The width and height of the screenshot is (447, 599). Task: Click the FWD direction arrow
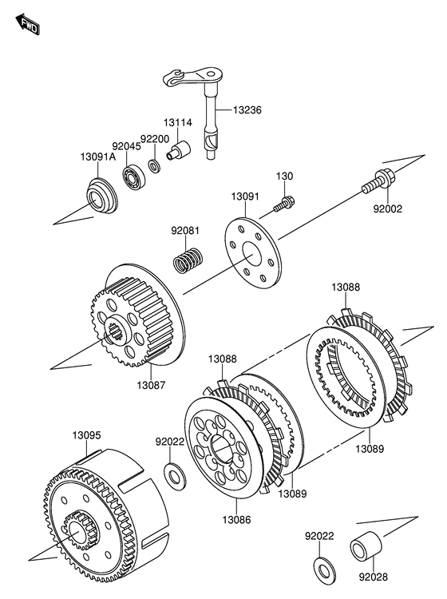point(27,25)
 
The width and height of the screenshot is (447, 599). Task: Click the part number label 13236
point(247,110)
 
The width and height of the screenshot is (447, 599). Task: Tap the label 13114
point(178,123)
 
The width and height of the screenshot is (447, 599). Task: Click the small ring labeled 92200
point(154,166)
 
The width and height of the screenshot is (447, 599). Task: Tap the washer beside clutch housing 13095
point(176,476)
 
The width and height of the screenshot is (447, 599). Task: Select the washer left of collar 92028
point(324,571)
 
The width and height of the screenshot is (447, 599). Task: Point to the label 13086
point(236,520)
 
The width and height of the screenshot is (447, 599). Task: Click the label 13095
point(87,435)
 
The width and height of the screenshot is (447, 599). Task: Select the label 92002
point(387,209)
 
